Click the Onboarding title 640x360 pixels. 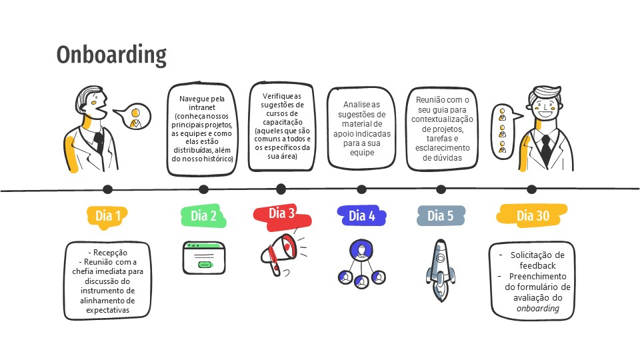coord(111,55)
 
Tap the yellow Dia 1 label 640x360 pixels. coord(108,215)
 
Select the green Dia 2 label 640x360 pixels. coord(203,215)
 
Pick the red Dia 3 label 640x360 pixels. coord(282,213)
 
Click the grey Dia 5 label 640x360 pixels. coord(441,215)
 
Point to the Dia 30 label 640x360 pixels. coord(533,215)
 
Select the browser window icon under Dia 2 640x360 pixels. coord(204,257)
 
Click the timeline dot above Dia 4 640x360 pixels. coord(361,189)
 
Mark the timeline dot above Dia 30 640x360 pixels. coord(531,189)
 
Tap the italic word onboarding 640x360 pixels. coord(537,308)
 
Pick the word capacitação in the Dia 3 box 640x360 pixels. coord(281,122)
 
